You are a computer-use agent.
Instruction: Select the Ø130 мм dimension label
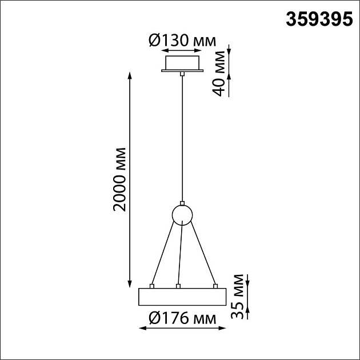tap(182, 41)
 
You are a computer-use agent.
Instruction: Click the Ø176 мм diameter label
tap(182, 318)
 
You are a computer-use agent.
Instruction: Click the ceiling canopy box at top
tap(182, 62)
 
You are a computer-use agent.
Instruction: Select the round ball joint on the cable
tap(182, 215)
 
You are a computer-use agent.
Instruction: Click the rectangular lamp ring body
tap(182, 297)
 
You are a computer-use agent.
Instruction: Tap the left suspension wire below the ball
tap(162, 254)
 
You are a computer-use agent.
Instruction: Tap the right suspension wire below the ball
tap(203, 254)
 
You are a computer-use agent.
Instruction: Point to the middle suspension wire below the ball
tap(181, 254)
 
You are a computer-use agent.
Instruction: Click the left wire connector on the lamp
tap(152, 285)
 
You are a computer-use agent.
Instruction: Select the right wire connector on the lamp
tap(215, 285)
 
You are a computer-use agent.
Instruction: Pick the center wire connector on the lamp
tap(179, 285)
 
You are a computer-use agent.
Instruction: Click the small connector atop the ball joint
tap(182, 203)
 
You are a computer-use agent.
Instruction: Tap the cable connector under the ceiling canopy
tap(182, 74)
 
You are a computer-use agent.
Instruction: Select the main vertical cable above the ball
tap(182, 137)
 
